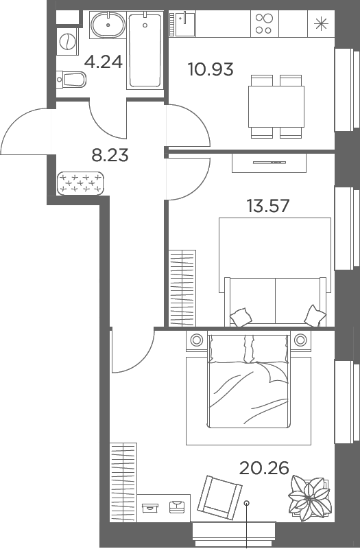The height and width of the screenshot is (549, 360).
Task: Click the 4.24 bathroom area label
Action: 104,62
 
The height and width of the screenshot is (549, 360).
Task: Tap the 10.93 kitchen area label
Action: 211,69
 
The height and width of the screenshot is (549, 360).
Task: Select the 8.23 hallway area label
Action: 110,155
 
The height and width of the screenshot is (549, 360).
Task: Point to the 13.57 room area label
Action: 268,205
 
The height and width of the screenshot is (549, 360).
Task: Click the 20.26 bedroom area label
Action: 264,468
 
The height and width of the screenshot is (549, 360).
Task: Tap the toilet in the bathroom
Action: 71,80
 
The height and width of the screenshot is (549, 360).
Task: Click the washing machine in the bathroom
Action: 67,42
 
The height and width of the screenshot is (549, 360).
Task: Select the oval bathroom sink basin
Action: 108,25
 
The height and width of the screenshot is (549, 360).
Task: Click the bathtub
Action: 145,49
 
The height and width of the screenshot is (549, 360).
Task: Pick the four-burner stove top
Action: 264,23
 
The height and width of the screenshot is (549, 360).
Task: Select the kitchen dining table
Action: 276,106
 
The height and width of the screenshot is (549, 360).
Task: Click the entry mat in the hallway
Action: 81,183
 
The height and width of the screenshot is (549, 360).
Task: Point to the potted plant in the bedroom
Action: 309,497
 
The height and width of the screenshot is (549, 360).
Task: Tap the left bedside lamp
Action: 197,339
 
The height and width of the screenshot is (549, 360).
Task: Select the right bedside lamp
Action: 300,339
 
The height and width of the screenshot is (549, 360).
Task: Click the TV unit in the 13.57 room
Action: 269,163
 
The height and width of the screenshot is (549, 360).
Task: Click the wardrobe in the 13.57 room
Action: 182,288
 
